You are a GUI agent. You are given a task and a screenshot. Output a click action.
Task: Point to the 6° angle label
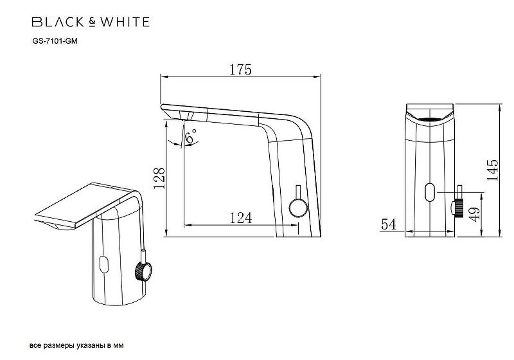point(191,138)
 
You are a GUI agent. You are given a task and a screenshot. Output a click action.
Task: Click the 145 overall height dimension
point(492,170)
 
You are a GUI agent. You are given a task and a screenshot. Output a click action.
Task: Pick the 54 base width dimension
point(387,224)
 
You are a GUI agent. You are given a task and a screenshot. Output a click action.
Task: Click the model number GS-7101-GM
point(55,40)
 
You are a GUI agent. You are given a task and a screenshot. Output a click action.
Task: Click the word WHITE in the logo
point(126,22)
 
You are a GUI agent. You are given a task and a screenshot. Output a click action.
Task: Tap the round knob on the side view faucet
point(297,208)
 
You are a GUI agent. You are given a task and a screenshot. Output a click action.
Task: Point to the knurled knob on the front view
point(460,207)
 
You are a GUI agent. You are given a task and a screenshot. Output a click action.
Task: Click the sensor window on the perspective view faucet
point(103,264)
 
